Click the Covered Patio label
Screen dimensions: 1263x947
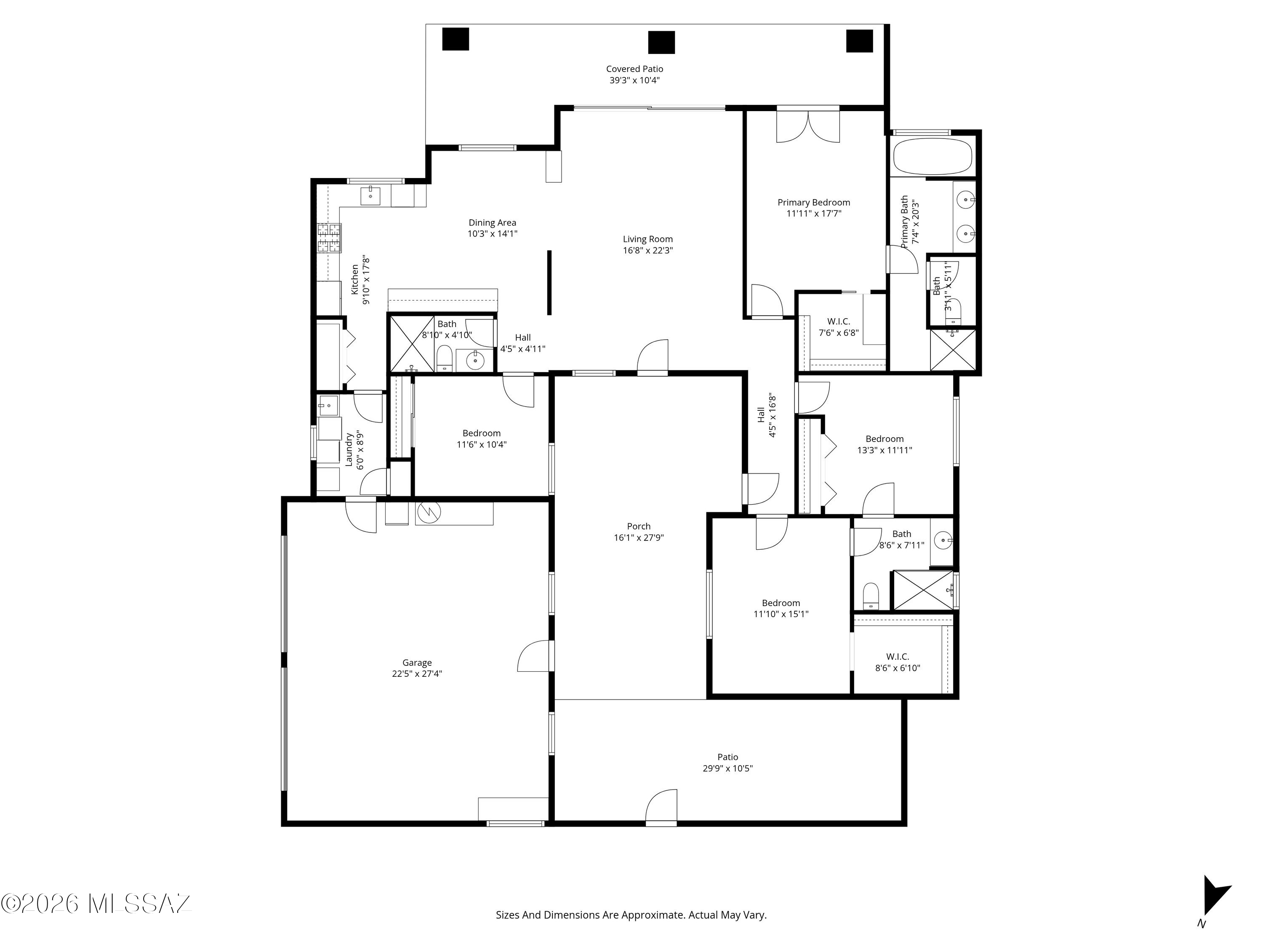pos(634,69)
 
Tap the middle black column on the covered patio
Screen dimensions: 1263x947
pos(661,42)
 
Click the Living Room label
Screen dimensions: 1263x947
pos(647,239)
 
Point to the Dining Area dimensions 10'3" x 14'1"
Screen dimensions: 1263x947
pos(492,234)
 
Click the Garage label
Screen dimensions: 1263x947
pos(417,663)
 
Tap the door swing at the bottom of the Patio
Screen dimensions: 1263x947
pos(661,806)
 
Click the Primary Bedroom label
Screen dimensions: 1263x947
pos(814,202)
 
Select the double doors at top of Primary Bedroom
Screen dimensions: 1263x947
pos(808,125)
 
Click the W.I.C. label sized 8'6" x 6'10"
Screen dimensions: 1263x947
pos(898,657)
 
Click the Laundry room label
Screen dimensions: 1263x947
pos(349,450)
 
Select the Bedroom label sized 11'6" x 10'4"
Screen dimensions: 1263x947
pos(481,433)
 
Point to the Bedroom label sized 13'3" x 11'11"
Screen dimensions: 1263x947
pos(885,439)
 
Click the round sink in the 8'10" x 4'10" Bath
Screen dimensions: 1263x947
pos(474,360)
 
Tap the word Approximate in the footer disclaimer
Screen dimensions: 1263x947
pos(653,915)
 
